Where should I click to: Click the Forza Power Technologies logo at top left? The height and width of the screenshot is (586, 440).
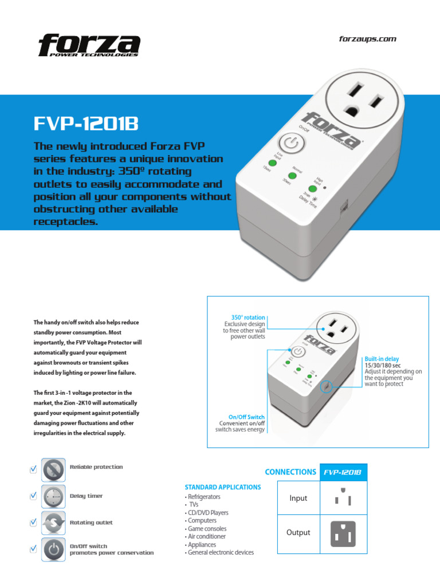(x=89, y=45)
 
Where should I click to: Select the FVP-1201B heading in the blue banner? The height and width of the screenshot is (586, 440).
(x=86, y=124)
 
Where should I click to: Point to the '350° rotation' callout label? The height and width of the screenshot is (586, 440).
(x=248, y=317)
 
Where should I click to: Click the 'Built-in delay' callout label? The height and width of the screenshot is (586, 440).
(x=382, y=359)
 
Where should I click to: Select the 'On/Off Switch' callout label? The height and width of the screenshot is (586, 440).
(x=246, y=417)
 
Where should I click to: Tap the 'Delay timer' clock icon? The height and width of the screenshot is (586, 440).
(x=53, y=497)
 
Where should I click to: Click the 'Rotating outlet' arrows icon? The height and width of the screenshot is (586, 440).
(x=53, y=523)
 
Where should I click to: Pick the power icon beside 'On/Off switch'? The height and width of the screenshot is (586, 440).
(x=53, y=549)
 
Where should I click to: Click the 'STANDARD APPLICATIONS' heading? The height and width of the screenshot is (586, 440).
(x=222, y=487)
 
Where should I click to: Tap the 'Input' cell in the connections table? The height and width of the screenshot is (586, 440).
(x=298, y=498)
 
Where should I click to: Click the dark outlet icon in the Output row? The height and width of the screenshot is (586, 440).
(x=343, y=533)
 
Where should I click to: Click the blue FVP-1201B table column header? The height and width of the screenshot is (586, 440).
(x=343, y=472)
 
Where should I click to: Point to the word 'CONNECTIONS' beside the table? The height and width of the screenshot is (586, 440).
(x=290, y=472)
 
